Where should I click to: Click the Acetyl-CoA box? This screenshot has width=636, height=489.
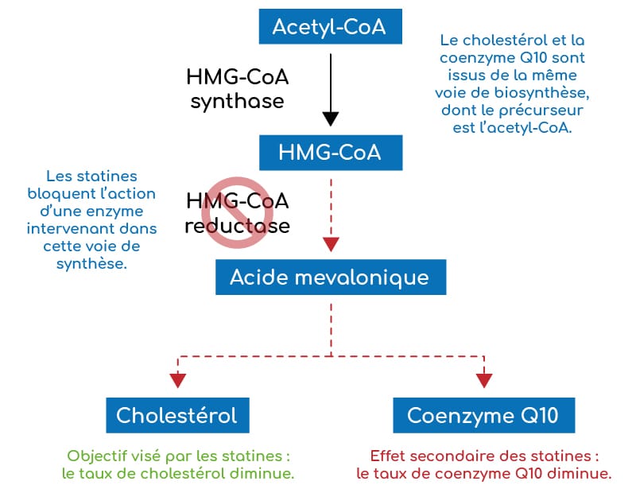pos(329,26)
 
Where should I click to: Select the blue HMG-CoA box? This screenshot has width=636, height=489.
pos(329,152)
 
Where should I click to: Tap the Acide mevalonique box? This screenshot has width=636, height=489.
pos(329,277)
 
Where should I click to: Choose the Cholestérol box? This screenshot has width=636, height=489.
pos(176,415)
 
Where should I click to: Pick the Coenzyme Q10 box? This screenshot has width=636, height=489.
pos(483,415)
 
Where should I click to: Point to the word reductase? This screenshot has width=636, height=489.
pos(237,225)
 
